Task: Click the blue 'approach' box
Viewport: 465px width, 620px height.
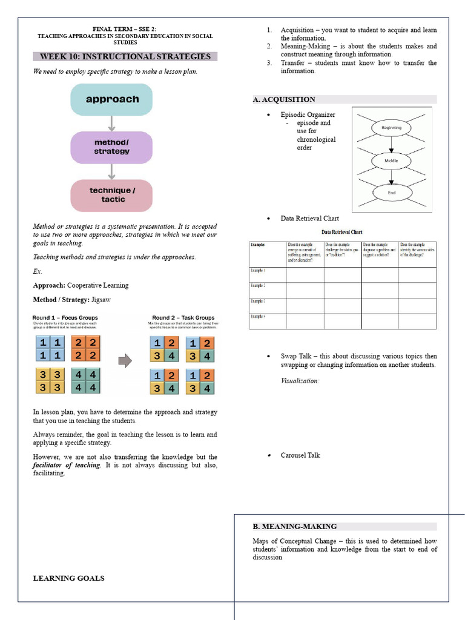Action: point(112,99)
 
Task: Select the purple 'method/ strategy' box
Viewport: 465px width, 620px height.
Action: point(112,147)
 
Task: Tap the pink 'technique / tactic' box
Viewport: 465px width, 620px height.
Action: point(112,195)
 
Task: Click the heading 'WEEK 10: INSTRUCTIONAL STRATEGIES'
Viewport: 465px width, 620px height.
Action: point(125,57)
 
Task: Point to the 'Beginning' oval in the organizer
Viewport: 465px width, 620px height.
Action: point(391,128)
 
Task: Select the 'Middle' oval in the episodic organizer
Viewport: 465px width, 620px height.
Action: point(391,160)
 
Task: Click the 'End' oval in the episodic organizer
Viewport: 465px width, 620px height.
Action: point(391,193)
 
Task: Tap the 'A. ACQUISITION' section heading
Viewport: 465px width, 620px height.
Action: point(284,99)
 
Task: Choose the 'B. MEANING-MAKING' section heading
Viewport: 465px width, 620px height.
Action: point(295,526)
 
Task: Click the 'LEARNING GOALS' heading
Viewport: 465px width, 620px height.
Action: point(68,578)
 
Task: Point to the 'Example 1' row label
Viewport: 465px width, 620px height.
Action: point(259,270)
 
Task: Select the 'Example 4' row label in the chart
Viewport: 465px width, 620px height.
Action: point(259,317)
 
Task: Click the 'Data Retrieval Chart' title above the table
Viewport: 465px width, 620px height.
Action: point(342,232)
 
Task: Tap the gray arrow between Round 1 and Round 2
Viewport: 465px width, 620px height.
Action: point(125,361)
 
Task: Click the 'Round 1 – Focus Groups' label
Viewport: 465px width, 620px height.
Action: point(65,318)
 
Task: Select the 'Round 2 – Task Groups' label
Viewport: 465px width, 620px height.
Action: point(183,318)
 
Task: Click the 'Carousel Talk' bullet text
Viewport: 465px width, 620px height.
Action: point(300,455)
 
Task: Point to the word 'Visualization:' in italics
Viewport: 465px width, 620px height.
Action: point(300,381)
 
